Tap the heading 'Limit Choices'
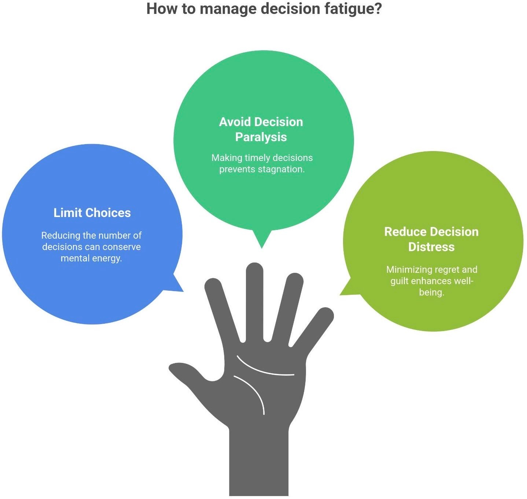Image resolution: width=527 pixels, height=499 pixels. pos(92,213)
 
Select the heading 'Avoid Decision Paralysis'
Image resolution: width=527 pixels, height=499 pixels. pos(261,129)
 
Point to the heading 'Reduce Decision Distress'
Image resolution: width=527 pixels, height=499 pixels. pos(431,239)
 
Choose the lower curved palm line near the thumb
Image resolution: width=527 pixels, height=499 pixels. pos(253,391)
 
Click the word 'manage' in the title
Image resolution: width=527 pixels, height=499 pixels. pos(228,9)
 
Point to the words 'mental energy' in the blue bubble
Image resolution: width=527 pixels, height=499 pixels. pos(91,258)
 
